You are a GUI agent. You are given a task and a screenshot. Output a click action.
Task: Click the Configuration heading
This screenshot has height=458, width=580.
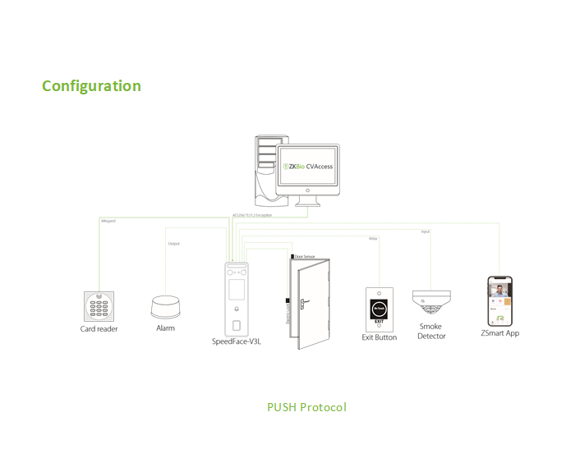pyautogui.click(x=91, y=86)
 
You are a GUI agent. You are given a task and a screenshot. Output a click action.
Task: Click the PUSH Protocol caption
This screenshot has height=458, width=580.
pyautogui.click(x=306, y=407)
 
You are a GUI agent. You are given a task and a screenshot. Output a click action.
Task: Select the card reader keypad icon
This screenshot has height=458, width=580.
pyautogui.click(x=99, y=306)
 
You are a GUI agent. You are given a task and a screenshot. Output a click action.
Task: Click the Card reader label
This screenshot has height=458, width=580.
pyautogui.click(x=99, y=329)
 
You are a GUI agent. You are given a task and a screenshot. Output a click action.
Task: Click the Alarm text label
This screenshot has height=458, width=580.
pyautogui.click(x=165, y=328)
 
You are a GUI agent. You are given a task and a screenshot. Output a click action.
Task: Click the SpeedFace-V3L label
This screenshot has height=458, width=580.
pyautogui.click(x=237, y=341)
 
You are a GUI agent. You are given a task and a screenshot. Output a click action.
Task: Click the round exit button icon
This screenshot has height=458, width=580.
pyautogui.click(x=379, y=308)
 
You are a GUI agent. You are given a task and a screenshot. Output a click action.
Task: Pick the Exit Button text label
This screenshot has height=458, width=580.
pyautogui.click(x=379, y=337)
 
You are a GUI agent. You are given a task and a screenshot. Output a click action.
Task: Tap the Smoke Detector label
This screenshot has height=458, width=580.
pyautogui.click(x=431, y=332)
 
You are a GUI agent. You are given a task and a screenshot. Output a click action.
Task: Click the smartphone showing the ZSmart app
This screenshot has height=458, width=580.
pyautogui.click(x=500, y=300)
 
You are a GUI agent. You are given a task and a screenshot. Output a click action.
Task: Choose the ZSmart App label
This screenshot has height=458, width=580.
pyautogui.click(x=499, y=333)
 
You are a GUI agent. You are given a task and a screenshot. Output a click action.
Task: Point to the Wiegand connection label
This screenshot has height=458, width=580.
pyautogui.click(x=108, y=222)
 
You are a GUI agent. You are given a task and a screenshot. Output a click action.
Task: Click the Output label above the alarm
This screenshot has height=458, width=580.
pyautogui.click(x=173, y=244)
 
